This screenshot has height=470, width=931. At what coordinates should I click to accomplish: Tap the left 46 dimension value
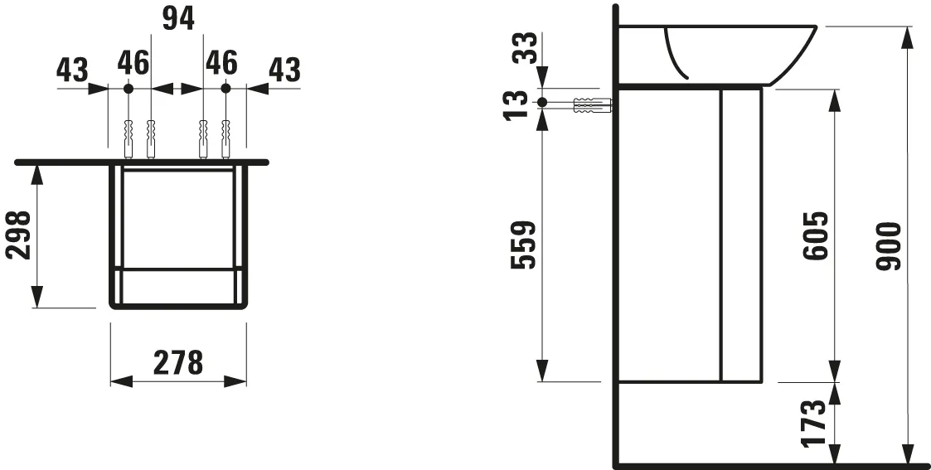click(133, 62)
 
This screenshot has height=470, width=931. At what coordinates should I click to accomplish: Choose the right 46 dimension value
click(221, 62)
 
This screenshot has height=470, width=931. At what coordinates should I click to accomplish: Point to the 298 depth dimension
click(19, 235)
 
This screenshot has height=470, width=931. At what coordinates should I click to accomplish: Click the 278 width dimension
click(178, 362)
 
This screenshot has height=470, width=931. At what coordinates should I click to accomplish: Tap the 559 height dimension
click(526, 246)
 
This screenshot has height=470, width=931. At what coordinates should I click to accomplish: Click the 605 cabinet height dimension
click(816, 236)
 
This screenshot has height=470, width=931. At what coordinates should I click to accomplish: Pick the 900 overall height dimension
click(889, 246)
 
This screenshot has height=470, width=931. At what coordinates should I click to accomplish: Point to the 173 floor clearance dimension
click(816, 423)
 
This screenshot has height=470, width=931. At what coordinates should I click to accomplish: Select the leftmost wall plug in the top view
click(128, 138)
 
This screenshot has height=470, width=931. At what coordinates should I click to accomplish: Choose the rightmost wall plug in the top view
click(225, 138)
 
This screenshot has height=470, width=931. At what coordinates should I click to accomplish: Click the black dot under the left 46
click(128, 88)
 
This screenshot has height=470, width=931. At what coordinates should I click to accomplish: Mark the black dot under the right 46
click(225, 88)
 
